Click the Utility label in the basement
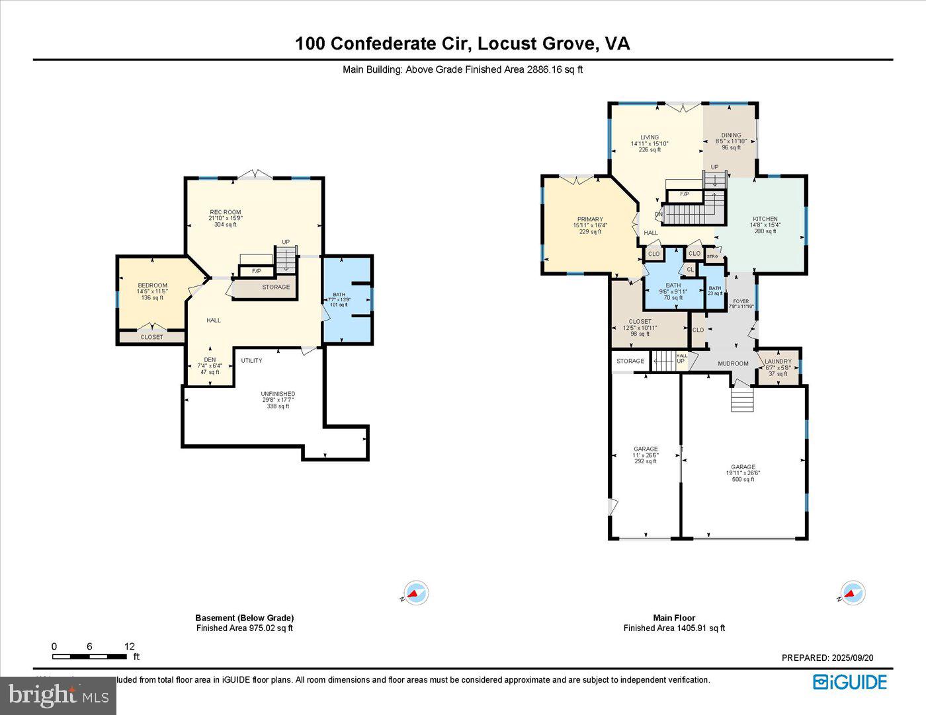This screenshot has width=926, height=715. pos(251,361)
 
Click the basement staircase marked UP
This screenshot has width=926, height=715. pos(286,258)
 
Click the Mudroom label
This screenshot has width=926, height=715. pos(733,363)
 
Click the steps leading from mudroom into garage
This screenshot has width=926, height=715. pos(742,399)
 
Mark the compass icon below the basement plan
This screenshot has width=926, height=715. pos(416,593)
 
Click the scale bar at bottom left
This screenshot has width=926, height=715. pos(90,656)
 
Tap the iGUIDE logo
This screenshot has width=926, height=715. pos(850,682)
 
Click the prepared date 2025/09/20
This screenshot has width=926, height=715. pos(827,658)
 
